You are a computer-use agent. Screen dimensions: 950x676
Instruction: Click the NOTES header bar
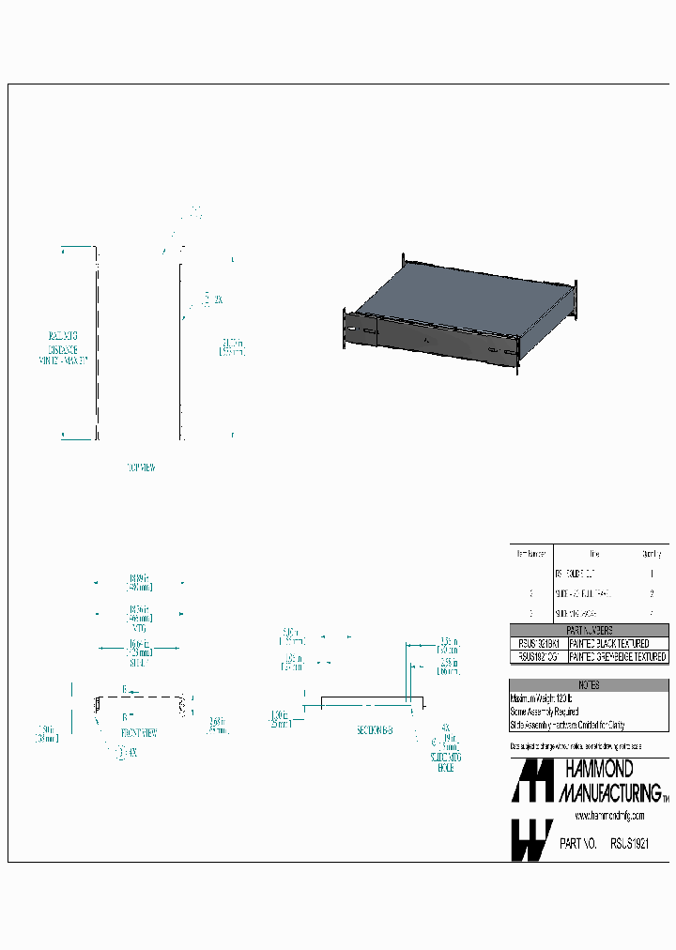589,686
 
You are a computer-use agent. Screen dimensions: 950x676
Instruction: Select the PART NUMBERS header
589,630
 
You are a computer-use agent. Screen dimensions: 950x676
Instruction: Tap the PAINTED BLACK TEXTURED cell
609,643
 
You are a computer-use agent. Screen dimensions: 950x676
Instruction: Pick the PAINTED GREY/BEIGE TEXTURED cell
618,657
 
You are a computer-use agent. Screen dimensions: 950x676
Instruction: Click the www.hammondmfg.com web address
609,817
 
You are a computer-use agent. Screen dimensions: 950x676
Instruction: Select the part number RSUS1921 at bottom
630,845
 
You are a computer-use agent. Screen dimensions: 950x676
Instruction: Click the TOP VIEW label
141,467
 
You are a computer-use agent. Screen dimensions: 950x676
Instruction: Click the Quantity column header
651,554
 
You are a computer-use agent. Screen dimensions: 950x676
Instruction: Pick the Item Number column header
531,554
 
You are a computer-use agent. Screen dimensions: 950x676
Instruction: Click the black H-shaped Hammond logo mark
531,781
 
